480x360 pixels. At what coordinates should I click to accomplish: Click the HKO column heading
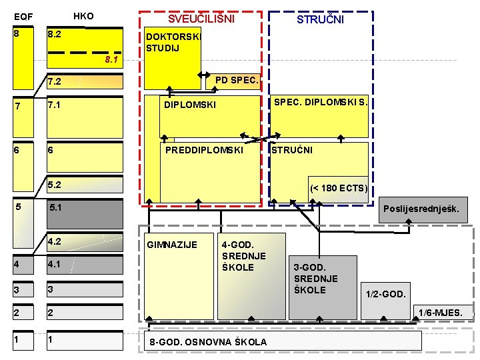(x=83, y=16)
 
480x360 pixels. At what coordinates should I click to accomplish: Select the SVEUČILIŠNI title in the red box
(x=201, y=19)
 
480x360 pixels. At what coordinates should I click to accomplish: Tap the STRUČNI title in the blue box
(x=320, y=20)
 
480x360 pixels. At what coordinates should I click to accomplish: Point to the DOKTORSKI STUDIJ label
(x=172, y=43)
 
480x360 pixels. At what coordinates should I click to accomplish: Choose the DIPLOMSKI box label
(x=191, y=105)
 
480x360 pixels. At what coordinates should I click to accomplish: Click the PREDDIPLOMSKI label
(x=204, y=150)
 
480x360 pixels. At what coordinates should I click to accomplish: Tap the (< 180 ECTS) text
(x=338, y=188)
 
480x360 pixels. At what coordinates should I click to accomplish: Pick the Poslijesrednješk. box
(x=421, y=209)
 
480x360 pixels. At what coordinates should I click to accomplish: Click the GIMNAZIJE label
(x=172, y=245)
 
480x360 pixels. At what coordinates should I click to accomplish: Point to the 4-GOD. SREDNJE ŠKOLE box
(x=243, y=256)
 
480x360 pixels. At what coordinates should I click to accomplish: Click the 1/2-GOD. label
(x=385, y=294)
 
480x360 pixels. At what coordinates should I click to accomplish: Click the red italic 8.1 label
(x=111, y=61)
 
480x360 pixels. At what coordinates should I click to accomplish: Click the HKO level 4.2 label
(x=55, y=241)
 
